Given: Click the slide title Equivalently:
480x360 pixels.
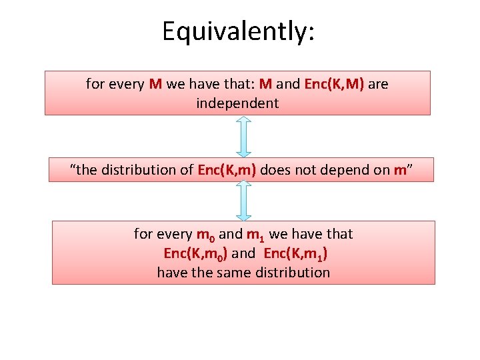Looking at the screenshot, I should point(238,31).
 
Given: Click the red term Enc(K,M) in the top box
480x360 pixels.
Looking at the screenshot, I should point(334,85).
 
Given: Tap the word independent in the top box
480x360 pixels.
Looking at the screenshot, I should point(237,103).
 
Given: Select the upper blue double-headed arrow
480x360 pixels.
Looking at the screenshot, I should point(244,137).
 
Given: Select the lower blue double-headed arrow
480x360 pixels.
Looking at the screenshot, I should point(244,201).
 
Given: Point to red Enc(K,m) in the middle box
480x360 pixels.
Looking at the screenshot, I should point(227,170).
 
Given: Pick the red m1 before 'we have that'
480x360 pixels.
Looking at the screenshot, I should point(256,235).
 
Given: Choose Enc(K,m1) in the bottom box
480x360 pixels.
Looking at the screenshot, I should point(295,254).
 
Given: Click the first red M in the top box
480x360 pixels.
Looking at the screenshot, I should point(155,85).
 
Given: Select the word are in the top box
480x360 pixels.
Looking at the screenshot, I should point(378,85).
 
